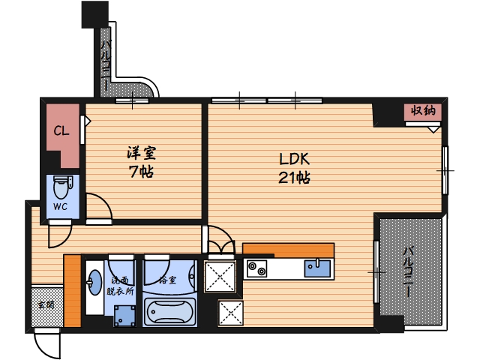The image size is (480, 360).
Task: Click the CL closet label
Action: (x=61, y=131)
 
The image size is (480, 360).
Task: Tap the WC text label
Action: (x=60, y=207)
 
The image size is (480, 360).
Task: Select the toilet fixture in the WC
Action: (x=62, y=187)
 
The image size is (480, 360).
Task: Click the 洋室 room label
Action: (x=142, y=153)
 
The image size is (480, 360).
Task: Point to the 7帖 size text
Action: (x=141, y=172)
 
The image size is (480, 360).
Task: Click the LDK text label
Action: (x=294, y=159)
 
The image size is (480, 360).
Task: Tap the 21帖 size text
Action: (x=294, y=178)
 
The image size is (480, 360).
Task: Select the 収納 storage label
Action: (x=423, y=110)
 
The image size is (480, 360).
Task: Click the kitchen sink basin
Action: (x=317, y=268)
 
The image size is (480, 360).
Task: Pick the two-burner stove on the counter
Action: (x=256, y=268)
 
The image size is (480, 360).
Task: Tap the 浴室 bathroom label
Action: (x=168, y=280)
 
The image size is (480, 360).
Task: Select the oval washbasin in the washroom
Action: (x=95, y=282)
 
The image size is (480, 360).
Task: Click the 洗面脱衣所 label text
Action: (x=120, y=286)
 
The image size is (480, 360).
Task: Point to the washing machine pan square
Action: (x=124, y=316)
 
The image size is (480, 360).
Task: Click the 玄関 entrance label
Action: (x=46, y=304)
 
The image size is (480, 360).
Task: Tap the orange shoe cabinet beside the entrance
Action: (x=73, y=290)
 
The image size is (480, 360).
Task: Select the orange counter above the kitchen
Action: (x=288, y=250)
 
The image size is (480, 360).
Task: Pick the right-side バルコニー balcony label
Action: (x=408, y=271)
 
